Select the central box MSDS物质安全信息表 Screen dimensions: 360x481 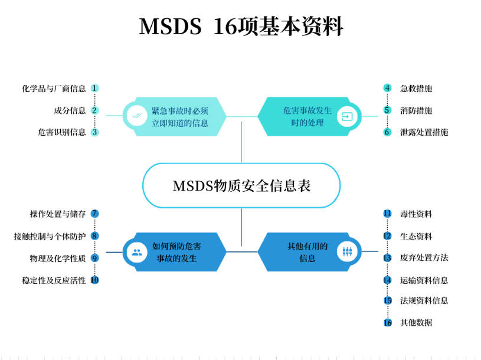point(241,186)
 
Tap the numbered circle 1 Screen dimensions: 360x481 point(94,89)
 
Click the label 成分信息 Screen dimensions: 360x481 point(70,110)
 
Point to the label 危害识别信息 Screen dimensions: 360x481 point(62,132)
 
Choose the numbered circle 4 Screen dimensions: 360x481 point(387,89)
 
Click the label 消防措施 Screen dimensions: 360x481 point(416,110)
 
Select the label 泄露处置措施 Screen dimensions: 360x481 point(424,132)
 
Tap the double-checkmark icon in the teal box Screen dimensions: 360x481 point(137,116)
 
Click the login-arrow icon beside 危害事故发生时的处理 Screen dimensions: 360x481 point(347,116)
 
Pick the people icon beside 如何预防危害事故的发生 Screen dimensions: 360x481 point(137,253)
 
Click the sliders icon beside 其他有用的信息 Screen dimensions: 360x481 point(347,253)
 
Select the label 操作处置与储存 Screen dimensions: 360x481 point(58,214)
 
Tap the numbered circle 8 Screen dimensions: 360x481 point(94,236)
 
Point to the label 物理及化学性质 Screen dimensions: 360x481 point(58,258)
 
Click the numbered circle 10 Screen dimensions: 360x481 point(94,280)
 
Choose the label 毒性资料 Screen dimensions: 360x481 point(416,214)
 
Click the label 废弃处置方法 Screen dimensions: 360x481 point(424,258)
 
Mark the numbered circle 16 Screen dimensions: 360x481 point(387,323)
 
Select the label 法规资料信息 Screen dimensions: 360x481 point(424,300)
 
